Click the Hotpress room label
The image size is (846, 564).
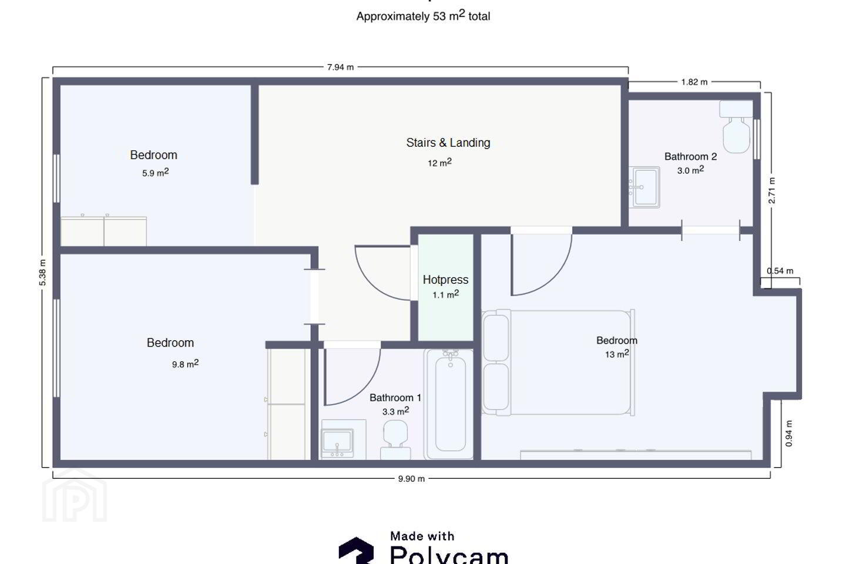click(x=445, y=280)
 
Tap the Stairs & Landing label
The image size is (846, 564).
click(x=448, y=142)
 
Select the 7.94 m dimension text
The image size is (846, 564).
click(x=340, y=67)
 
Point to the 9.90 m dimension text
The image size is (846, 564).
click(x=411, y=479)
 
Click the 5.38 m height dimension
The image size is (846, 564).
click(x=42, y=273)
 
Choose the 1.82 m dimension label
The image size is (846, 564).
click(x=694, y=82)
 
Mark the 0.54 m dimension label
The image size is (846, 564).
click(x=780, y=271)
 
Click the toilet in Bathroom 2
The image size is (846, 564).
click(x=736, y=126)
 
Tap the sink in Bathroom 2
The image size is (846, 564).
click(x=644, y=187)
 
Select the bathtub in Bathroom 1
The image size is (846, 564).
click(x=449, y=404)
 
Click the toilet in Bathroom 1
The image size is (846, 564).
click(x=395, y=440)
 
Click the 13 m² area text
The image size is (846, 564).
click(x=617, y=354)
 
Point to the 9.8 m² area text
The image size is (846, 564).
click(x=185, y=364)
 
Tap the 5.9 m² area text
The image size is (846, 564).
click(x=155, y=173)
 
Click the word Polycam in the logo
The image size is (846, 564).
click(x=449, y=555)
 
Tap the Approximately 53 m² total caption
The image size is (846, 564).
click(x=424, y=16)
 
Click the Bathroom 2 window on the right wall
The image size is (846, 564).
click(x=757, y=139)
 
